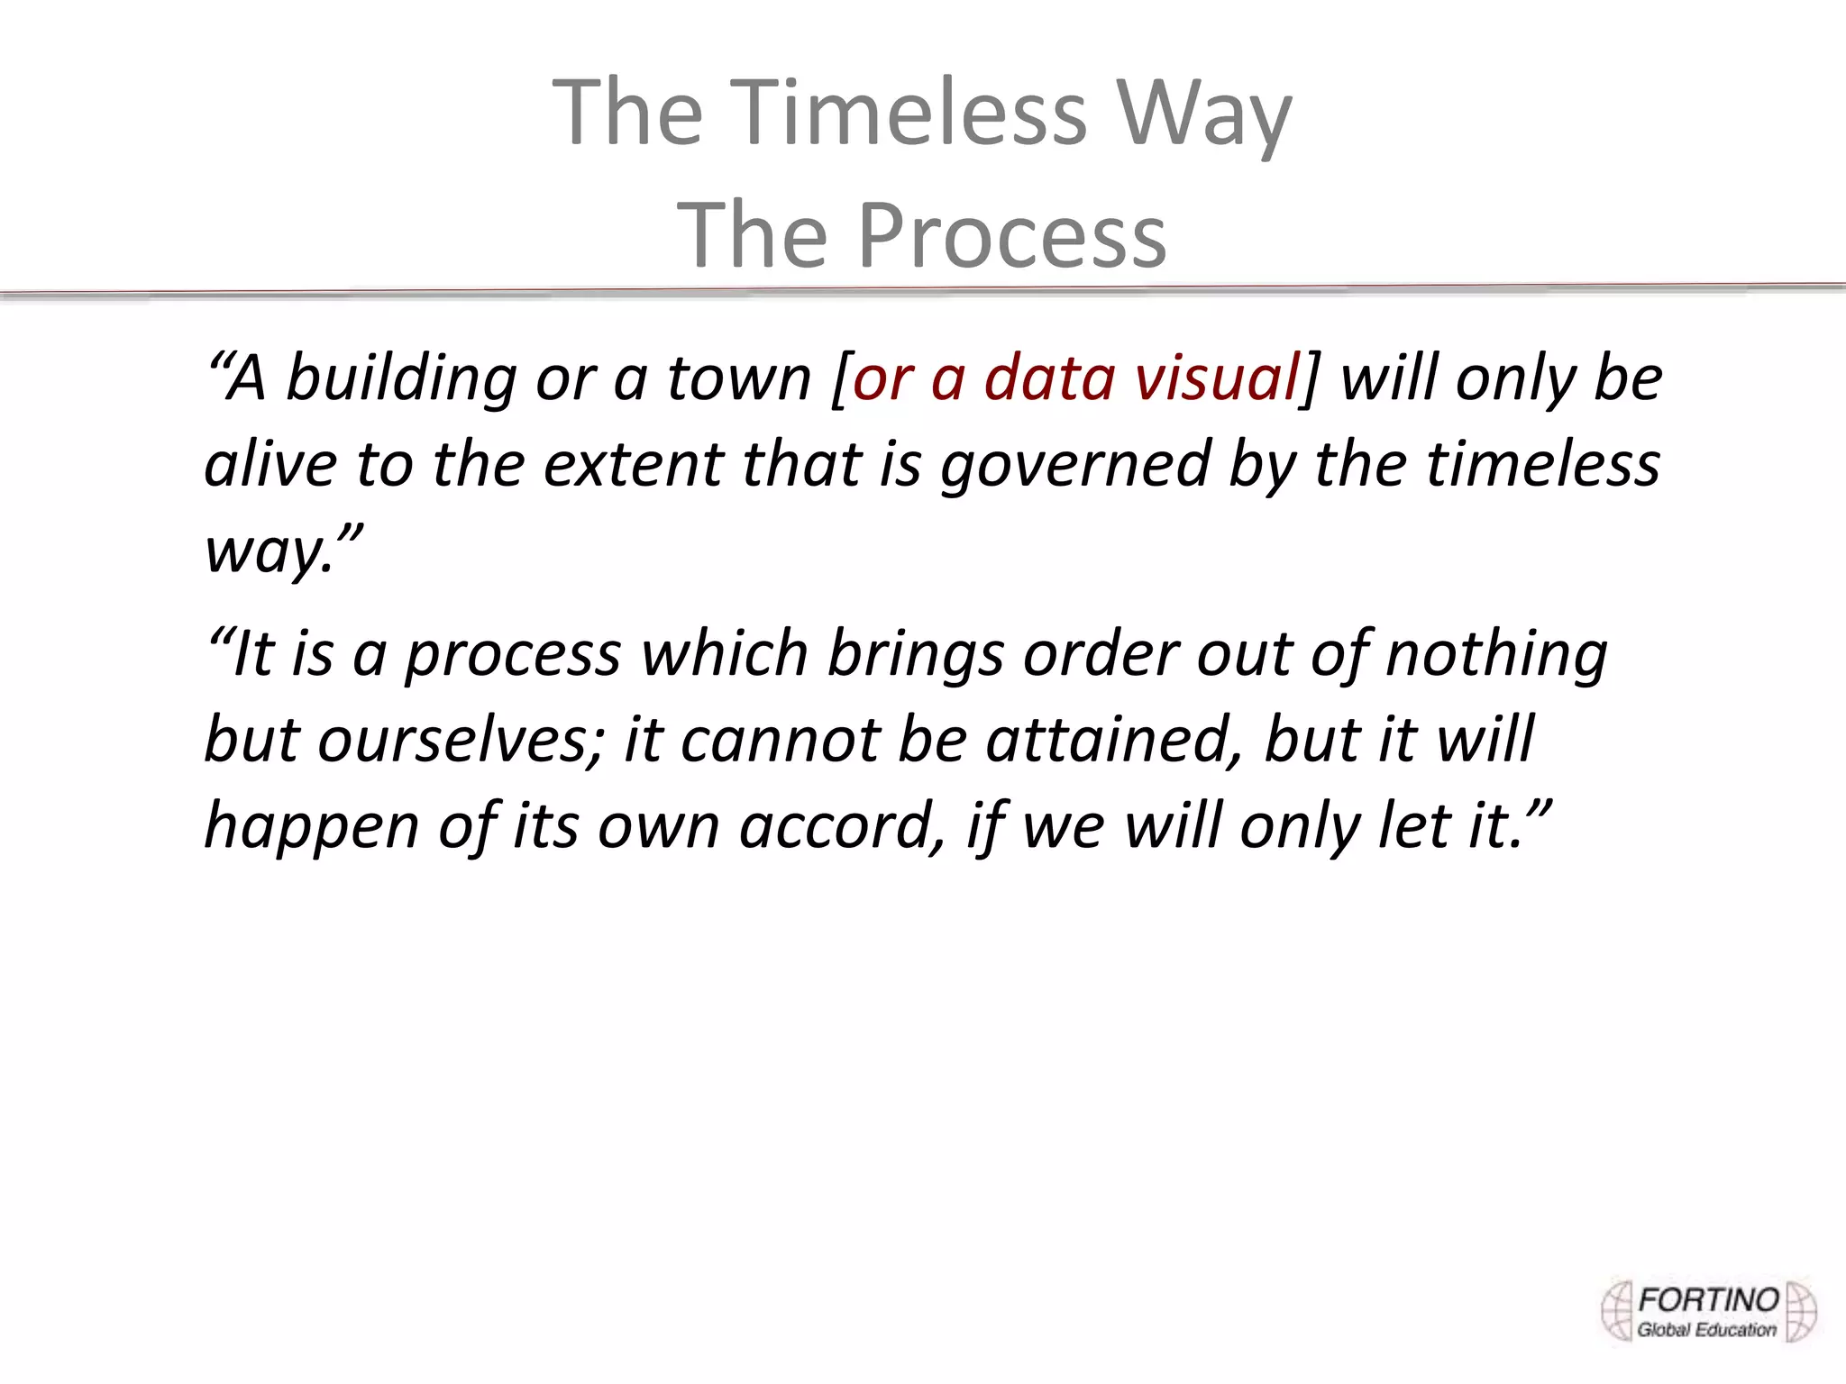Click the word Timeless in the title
click(913, 113)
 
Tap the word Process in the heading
click(1011, 234)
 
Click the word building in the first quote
click(400, 378)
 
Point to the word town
click(739, 378)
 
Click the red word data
click(1050, 378)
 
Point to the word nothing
click(1496, 654)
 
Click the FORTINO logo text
click(1707, 1300)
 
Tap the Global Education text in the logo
click(1705, 1329)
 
